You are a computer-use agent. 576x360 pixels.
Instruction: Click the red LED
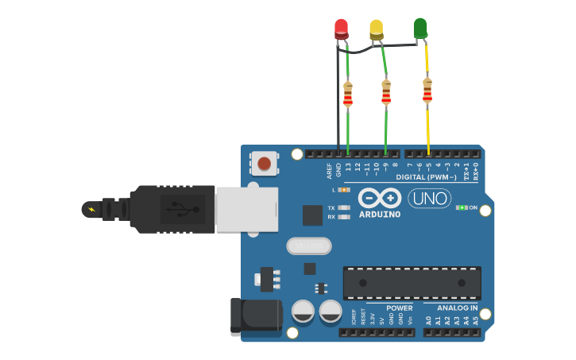point(341,29)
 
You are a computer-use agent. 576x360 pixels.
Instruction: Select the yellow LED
point(376,29)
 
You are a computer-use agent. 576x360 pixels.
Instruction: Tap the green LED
point(419,29)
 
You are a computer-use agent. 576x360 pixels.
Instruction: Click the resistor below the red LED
point(347,95)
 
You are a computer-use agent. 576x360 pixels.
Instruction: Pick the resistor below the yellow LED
point(386,93)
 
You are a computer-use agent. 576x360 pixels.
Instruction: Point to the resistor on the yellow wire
point(427,91)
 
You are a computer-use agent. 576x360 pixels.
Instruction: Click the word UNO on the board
point(429,198)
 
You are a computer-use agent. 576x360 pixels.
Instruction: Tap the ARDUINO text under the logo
point(380,214)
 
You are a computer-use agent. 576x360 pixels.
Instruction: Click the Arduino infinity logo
point(379,197)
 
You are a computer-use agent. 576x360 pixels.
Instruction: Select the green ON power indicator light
point(462,207)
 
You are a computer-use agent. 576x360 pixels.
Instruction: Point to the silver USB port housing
point(246,210)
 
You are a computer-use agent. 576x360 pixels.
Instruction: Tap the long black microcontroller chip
point(412,283)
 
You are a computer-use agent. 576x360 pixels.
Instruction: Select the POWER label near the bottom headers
point(400,308)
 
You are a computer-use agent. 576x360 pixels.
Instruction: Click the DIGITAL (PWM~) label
point(426,176)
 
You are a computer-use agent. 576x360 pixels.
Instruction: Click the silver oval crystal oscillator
point(308,246)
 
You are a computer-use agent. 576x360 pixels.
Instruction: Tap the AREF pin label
point(330,169)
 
